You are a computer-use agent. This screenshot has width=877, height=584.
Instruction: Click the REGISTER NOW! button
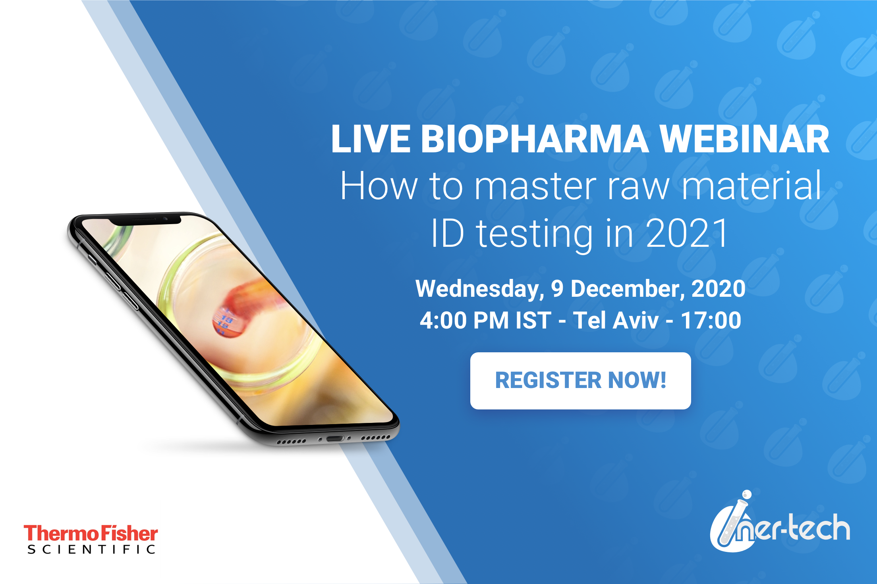[580, 380]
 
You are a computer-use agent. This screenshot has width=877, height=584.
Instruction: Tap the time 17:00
[711, 320]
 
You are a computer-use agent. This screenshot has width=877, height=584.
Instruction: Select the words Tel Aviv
[616, 320]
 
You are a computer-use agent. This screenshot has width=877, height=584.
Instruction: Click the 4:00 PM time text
[464, 320]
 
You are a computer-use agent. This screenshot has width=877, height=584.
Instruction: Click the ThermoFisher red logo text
[91, 533]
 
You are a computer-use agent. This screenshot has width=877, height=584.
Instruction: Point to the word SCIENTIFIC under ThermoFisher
[91, 549]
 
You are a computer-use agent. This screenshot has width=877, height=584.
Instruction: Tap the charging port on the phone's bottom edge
[335, 438]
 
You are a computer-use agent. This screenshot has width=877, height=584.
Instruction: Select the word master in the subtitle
[536, 186]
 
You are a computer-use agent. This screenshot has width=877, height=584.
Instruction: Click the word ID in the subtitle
[447, 233]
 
